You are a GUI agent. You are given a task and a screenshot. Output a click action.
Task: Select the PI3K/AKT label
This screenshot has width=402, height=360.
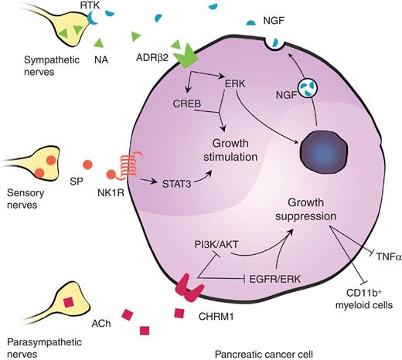[x=218, y=246]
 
